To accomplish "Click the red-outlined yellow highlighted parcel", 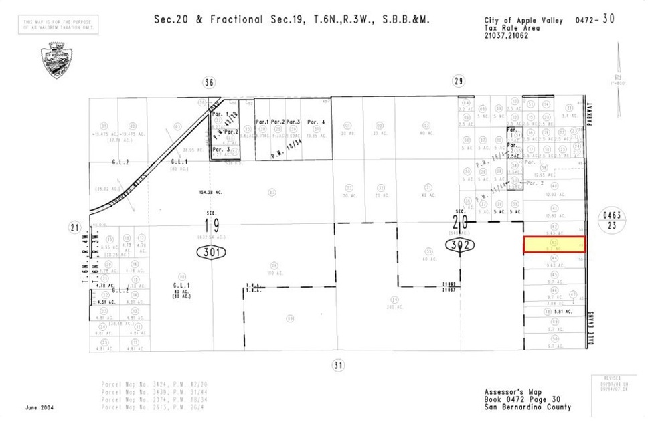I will tap(554, 244).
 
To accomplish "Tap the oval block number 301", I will tap(211, 252).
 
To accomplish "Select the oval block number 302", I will tap(462, 245).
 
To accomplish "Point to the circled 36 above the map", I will tap(209, 82).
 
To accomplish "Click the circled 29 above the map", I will tap(459, 82).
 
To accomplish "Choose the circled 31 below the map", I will tap(337, 364).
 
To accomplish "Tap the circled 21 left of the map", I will tap(74, 227).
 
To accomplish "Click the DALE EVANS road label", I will tap(591, 327).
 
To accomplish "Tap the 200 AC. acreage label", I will tap(396, 306).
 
